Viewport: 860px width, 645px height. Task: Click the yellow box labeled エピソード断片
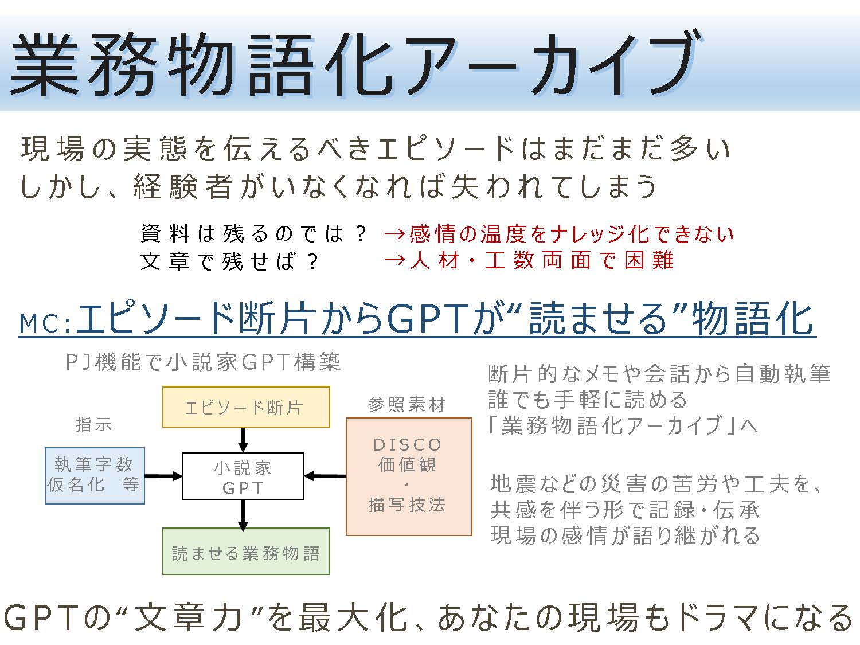tap(246, 406)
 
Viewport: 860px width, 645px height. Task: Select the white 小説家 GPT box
tap(243, 476)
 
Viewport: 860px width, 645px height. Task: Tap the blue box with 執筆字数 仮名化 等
tap(95, 475)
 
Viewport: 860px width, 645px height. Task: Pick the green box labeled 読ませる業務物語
tap(246, 551)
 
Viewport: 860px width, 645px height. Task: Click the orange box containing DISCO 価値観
tap(409, 476)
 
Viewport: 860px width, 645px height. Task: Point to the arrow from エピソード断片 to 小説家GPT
tap(243, 440)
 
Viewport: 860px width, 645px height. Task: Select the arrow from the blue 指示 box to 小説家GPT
tap(164, 476)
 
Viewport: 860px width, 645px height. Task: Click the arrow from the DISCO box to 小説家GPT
tap(325, 476)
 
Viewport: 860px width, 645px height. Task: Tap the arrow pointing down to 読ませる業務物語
tap(243, 515)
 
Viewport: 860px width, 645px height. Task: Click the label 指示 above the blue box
tap(93, 424)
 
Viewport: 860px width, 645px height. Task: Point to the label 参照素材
tap(406, 404)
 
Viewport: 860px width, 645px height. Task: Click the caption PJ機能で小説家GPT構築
tap(203, 361)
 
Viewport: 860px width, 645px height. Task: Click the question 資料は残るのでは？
tap(253, 234)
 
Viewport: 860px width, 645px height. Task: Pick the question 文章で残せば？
tap(229, 261)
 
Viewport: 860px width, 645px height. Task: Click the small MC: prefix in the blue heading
tap(46, 323)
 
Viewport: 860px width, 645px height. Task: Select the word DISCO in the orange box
tap(408, 444)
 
